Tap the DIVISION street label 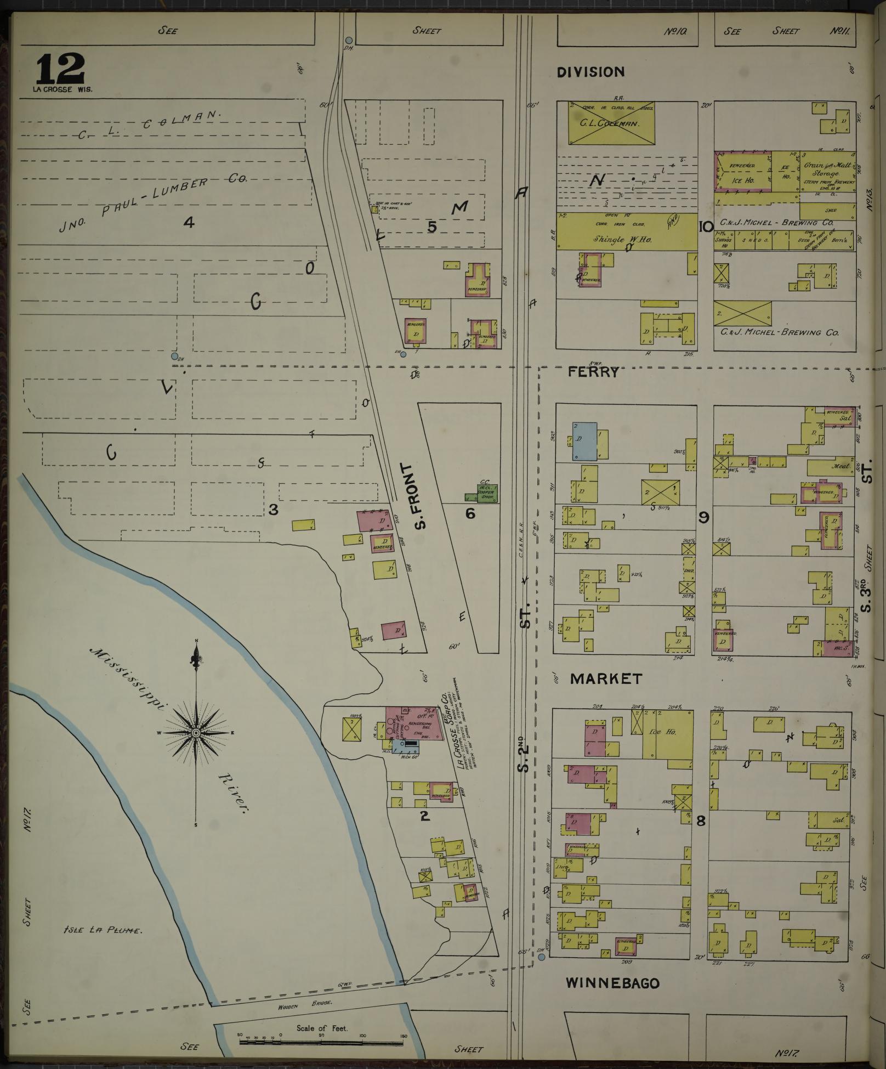click(590, 72)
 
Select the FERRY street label click(593, 372)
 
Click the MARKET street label click(606, 679)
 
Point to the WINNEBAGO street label click(612, 983)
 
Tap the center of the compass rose click(196, 733)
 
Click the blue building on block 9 click(584, 440)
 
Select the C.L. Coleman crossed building click(611, 123)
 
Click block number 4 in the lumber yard click(189, 222)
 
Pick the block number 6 click(470, 513)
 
